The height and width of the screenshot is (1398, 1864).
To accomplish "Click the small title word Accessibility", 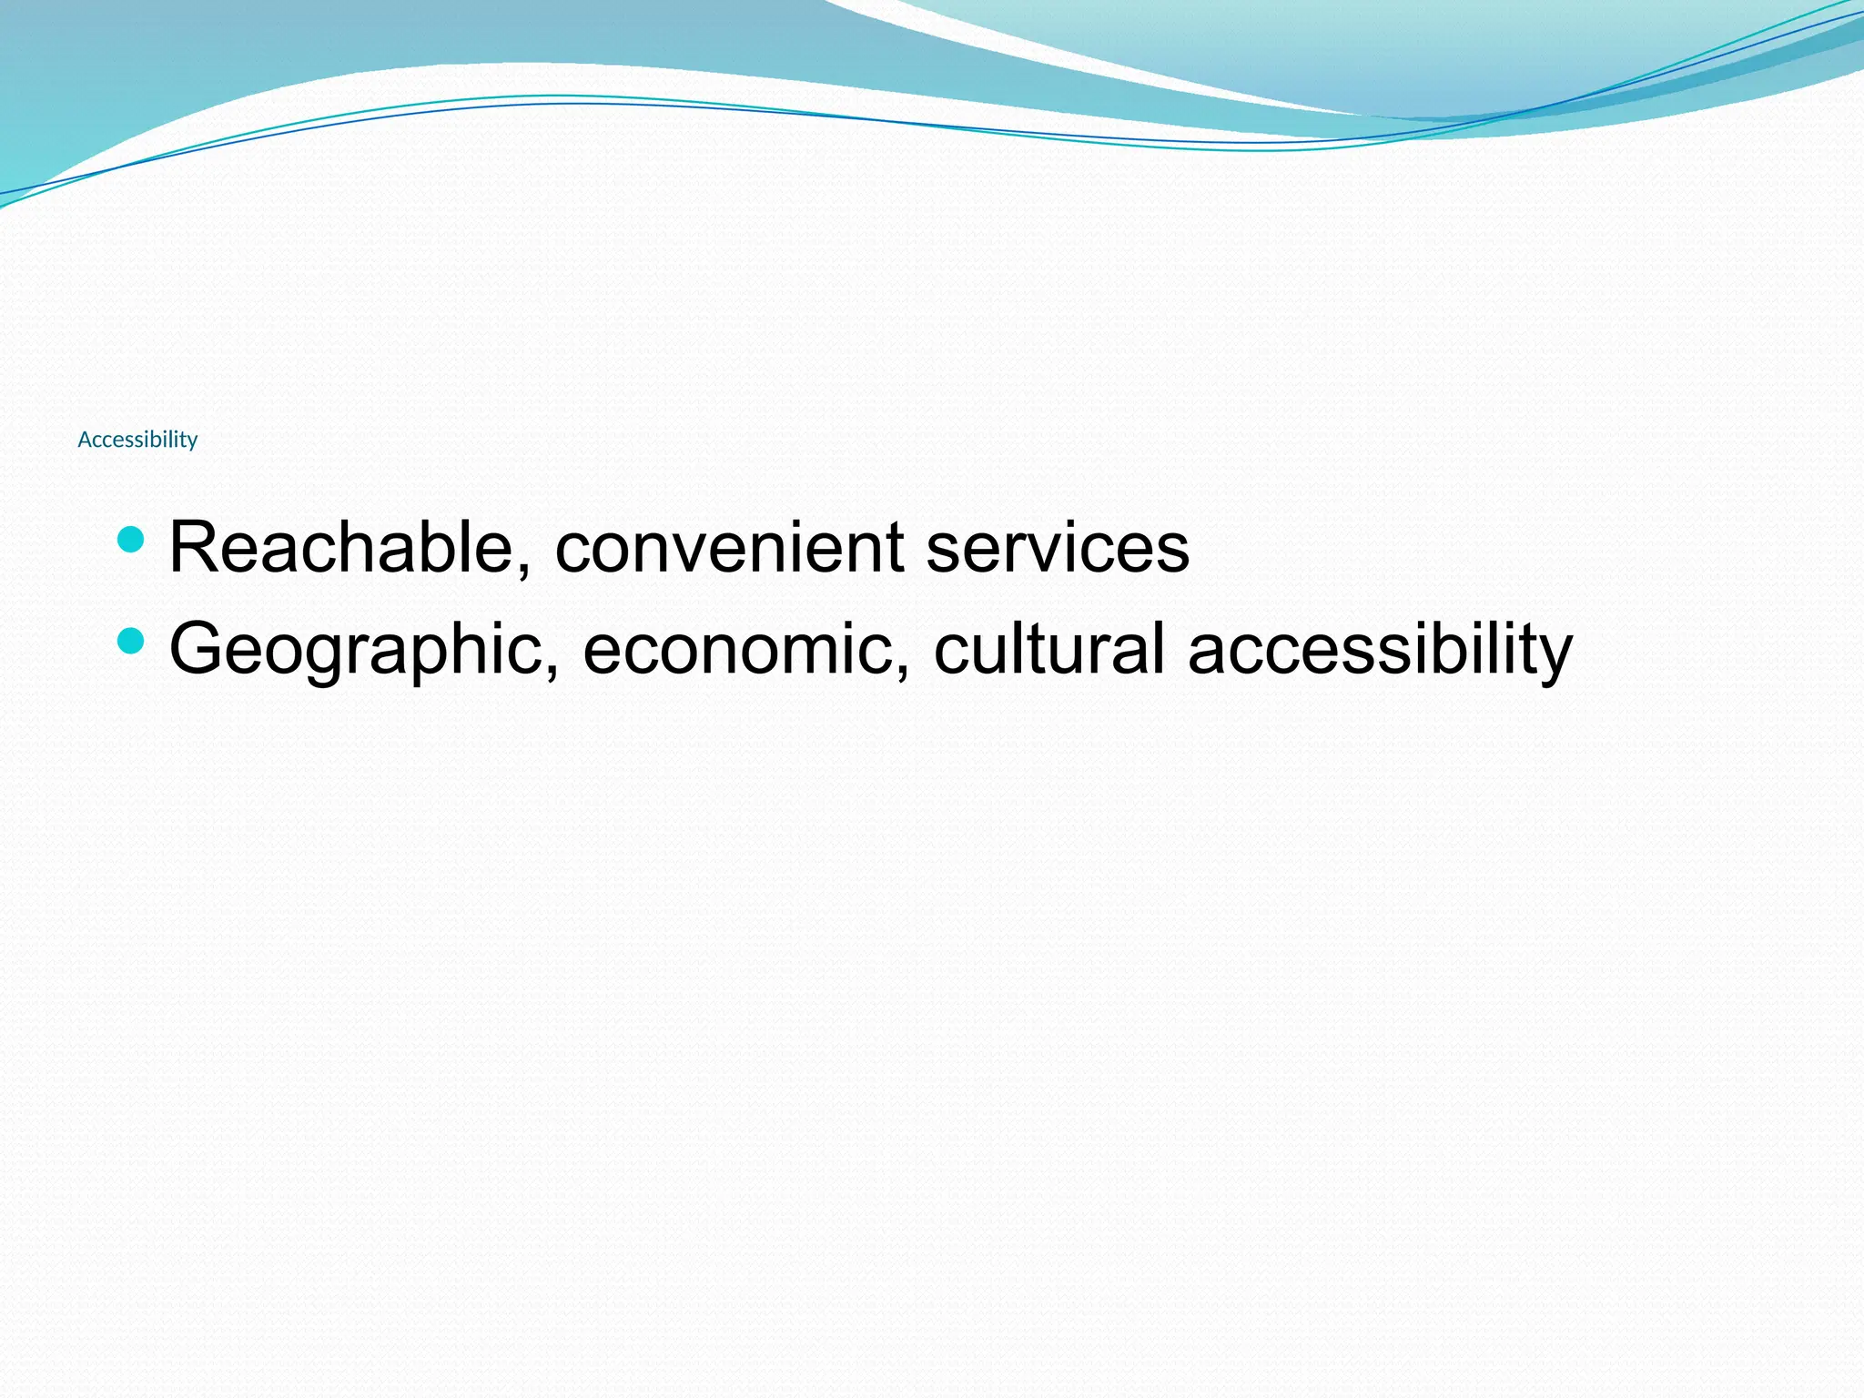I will point(137,440).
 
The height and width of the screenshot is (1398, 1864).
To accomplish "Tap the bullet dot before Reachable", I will point(131,540).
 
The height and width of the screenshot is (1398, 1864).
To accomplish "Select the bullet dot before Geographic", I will point(131,641).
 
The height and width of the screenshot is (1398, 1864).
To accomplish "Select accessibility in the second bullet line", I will point(1380,650).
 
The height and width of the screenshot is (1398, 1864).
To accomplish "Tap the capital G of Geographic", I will point(198,648).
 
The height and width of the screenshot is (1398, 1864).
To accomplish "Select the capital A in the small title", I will point(85,440).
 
